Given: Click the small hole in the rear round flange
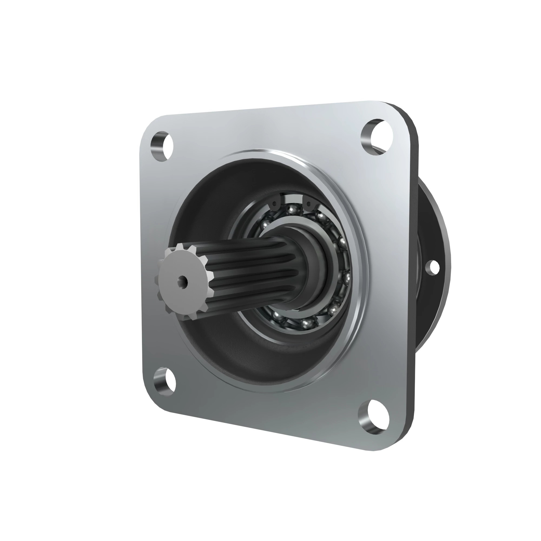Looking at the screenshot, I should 433,267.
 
